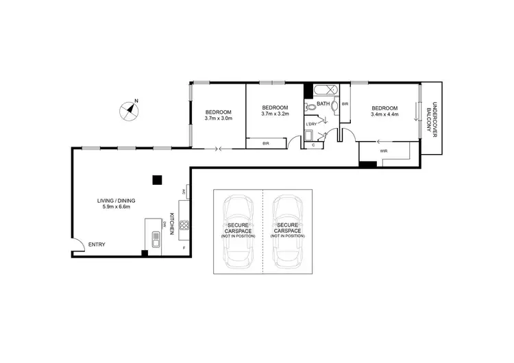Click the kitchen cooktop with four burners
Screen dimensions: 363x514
(x=184, y=225)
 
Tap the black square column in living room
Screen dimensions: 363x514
(x=157, y=179)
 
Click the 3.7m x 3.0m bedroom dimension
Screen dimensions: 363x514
(x=219, y=118)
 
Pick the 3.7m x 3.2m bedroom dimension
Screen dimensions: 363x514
(x=276, y=114)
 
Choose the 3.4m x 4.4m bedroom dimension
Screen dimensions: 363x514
(x=384, y=114)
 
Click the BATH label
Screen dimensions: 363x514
(x=323, y=105)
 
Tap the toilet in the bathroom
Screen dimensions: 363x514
(x=310, y=107)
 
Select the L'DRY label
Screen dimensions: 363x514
(x=311, y=124)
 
